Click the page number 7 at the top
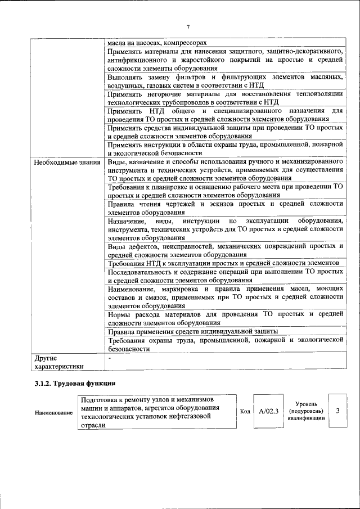point(188,27)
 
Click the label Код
point(245,411)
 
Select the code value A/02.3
point(268,411)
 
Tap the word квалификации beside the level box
point(306,418)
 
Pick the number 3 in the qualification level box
point(337,411)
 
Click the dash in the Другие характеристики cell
point(110,357)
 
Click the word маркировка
point(184,289)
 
